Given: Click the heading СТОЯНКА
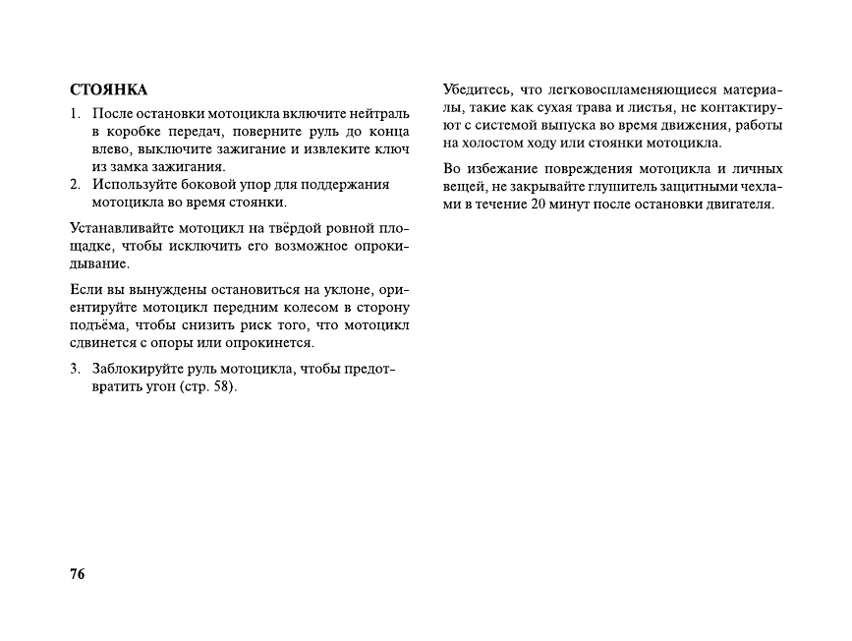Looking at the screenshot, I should (108, 90).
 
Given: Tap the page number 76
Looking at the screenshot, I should (78, 574).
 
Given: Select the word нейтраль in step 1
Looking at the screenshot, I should (381, 113).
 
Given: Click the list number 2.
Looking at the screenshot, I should (75, 185).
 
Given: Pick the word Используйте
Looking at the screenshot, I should (133, 185).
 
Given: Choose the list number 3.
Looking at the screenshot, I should (75, 369).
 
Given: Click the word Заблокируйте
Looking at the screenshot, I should (140, 369).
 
